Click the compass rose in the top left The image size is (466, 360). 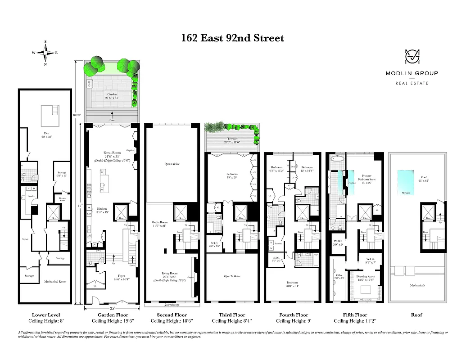45,53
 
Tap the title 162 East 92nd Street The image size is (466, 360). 233,38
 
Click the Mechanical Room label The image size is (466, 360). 55,282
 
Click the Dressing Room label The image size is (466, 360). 365,277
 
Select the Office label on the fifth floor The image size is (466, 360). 339,275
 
